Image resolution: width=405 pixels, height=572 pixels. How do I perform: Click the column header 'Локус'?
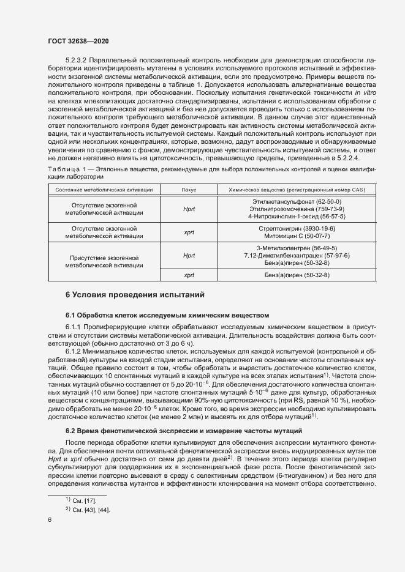click(x=189, y=190)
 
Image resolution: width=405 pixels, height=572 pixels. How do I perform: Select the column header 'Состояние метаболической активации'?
click(x=104, y=190)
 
